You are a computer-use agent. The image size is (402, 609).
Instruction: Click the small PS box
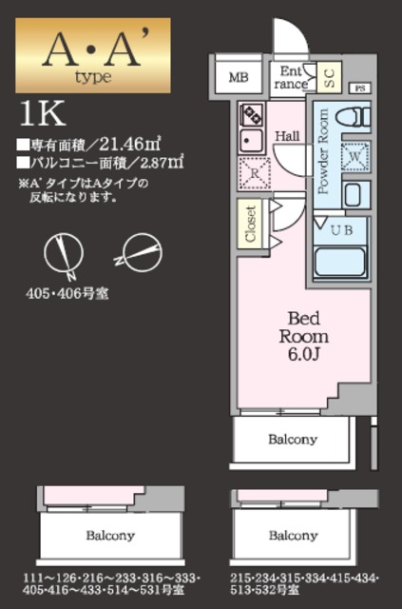[360, 88]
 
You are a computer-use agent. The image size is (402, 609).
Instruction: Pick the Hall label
[287, 136]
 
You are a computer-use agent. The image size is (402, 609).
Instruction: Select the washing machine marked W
[354, 155]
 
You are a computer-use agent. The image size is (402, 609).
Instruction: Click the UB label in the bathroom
[340, 229]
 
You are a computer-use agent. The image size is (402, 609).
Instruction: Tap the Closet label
[251, 225]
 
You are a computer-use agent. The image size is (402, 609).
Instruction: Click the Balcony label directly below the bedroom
[292, 440]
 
